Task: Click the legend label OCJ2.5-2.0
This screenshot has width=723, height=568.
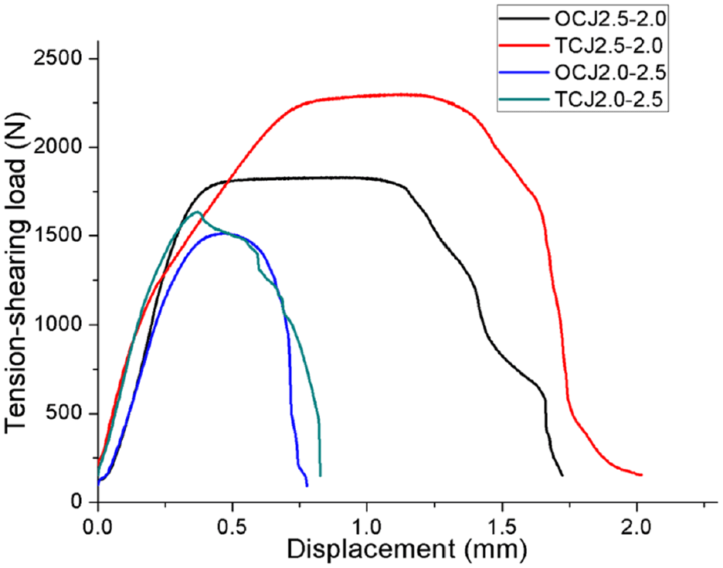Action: pos(610,19)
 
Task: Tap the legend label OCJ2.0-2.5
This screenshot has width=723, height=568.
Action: pos(610,73)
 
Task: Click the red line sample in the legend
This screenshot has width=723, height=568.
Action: pos(524,46)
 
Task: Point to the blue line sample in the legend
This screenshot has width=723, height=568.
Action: pos(524,73)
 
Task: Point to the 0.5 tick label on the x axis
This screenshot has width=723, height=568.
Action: pos(232,525)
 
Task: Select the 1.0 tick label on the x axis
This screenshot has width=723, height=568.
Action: pos(367,525)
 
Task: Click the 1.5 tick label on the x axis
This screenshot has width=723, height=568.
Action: pos(501,525)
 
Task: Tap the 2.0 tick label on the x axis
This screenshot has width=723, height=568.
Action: pos(636,525)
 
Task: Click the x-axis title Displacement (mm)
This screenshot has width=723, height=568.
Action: pos(407,550)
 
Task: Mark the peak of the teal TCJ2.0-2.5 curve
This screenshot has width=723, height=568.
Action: pos(198,212)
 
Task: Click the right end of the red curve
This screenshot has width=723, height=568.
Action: pos(641,474)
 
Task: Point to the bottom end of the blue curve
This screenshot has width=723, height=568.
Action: pos(307,485)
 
